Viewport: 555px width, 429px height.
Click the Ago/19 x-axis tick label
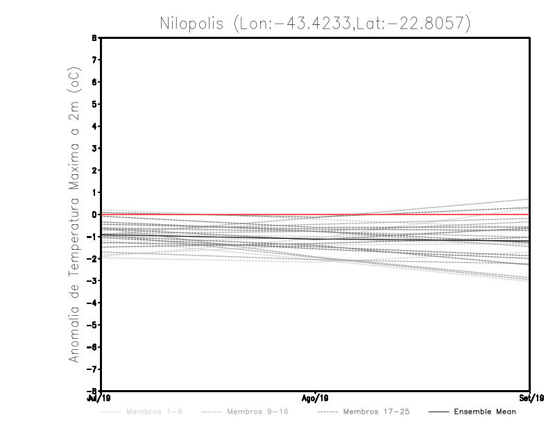(315, 398)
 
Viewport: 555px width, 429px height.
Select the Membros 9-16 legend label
(257, 412)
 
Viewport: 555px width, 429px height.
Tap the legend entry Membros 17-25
(376, 412)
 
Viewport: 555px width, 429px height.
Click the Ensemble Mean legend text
(485, 412)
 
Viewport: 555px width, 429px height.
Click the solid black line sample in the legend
(437, 412)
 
